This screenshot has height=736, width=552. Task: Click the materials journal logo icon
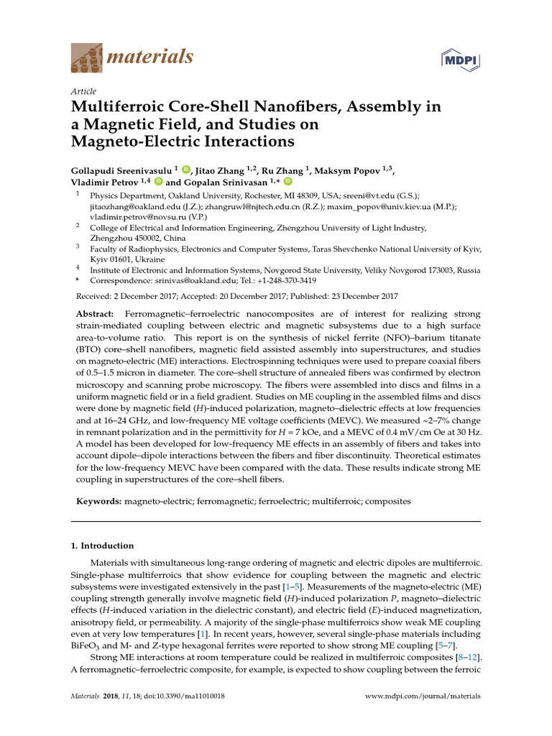point(86,57)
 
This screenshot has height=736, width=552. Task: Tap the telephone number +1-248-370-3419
point(280,280)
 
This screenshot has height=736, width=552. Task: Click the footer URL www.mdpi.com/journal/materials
point(423,696)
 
